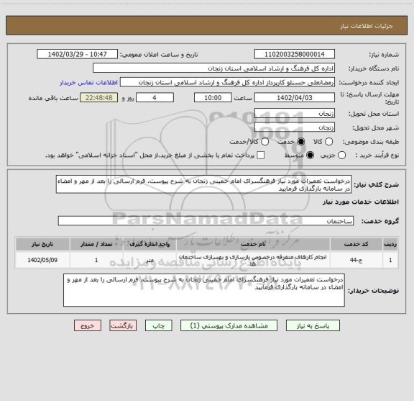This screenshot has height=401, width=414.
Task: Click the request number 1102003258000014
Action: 294,54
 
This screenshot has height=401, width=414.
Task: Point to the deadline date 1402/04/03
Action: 294,98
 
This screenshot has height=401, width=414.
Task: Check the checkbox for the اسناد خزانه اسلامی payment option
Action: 261,156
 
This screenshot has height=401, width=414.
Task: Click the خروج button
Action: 85,326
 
